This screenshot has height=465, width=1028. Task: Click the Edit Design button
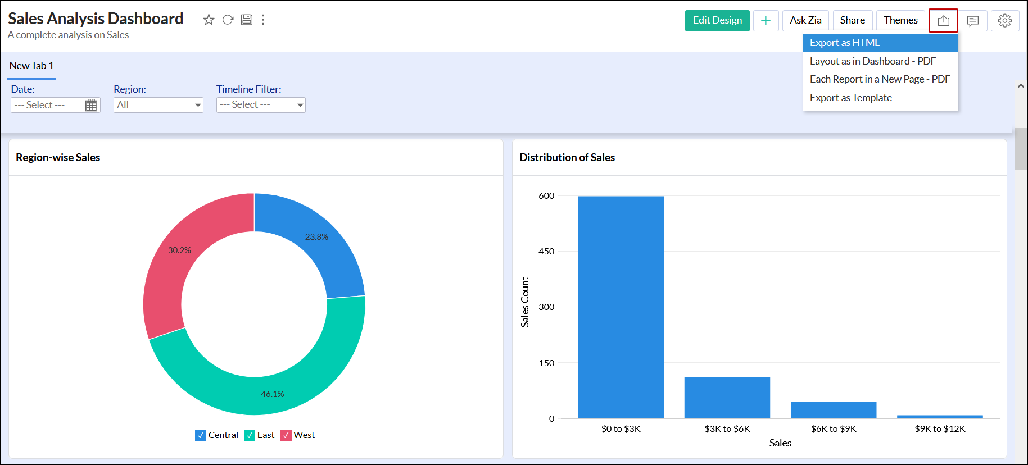(717, 21)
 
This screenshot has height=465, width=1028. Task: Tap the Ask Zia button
(805, 21)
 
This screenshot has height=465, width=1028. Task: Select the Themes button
(900, 21)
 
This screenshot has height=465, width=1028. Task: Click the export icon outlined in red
(943, 21)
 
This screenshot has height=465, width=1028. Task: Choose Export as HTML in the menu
(844, 43)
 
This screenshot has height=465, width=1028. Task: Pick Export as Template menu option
(850, 98)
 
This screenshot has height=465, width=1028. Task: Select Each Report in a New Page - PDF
(880, 79)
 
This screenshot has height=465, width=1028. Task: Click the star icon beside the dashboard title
(209, 20)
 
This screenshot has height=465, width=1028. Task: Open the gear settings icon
(1004, 21)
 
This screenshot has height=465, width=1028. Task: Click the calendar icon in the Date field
(91, 106)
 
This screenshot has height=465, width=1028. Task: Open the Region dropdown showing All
(158, 105)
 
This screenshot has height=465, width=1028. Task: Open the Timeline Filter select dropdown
(261, 105)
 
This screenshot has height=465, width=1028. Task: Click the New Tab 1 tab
(31, 66)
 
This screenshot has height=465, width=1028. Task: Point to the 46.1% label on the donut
(272, 394)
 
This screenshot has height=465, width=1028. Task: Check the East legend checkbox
(250, 435)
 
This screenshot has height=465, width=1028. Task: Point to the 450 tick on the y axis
(546, 252)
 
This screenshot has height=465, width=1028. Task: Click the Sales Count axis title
(525, 302)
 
